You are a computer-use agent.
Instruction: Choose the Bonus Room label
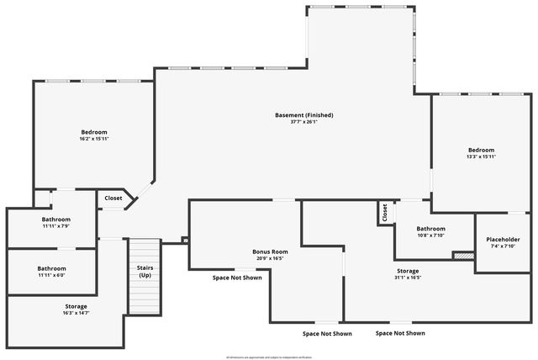pos(270,251)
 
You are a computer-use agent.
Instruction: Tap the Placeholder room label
pos(504,239)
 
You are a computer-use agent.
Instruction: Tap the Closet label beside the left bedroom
pos(113,199)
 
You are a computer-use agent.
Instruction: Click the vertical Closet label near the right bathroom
pos(384,213)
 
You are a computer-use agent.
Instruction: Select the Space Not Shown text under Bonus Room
pos(237,277)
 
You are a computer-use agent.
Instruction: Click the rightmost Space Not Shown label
pos(400,333)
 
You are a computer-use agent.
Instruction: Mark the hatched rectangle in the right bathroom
pos(463,255)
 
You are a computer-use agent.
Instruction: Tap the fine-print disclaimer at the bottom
pos(269,357)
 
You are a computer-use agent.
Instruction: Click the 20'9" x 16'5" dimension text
pos(270,258)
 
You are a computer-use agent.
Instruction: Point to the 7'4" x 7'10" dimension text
pos(504,246)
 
